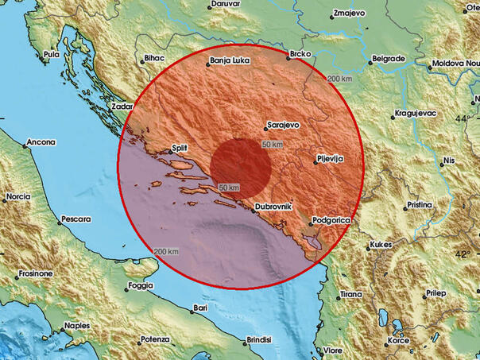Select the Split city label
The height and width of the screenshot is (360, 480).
178,148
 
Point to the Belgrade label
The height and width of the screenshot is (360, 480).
390,58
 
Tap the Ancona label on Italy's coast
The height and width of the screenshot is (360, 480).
41,142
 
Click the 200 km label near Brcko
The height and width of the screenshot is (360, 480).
339,79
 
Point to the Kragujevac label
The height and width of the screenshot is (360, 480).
417,114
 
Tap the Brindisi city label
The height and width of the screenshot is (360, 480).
259,339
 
